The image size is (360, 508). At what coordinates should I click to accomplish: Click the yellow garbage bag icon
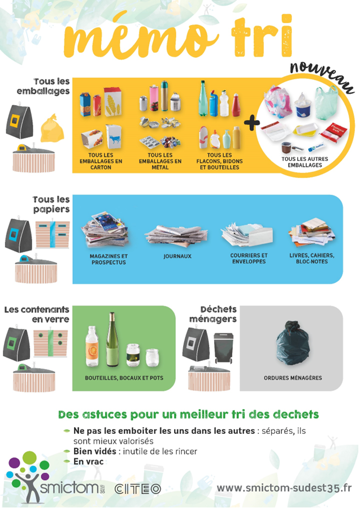[52, 128]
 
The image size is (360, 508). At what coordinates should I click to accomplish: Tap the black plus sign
[251, 123]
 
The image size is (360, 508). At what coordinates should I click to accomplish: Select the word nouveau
[322, 77]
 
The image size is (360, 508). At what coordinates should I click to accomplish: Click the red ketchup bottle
[236, 105]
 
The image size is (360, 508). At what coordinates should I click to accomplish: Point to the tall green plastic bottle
[203, 98]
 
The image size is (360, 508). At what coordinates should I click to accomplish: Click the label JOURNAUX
[177, 256]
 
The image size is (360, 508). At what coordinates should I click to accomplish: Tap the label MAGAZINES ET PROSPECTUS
[109, 259]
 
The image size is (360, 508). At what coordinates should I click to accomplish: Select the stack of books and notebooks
[311, 231]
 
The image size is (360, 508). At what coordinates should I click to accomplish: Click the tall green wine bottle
[112, 339]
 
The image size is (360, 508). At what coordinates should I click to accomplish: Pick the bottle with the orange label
[92, 346]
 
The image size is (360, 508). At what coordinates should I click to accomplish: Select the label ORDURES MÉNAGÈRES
[293, 378]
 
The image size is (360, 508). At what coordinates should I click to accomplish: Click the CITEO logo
[138, 489]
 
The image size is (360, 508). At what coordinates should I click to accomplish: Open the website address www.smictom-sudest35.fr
[284, 488]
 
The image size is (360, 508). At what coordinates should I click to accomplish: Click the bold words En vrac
[88, 462]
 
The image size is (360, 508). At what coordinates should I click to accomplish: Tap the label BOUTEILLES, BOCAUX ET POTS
[124, 378]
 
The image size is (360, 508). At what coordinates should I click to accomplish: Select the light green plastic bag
[326, 103]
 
